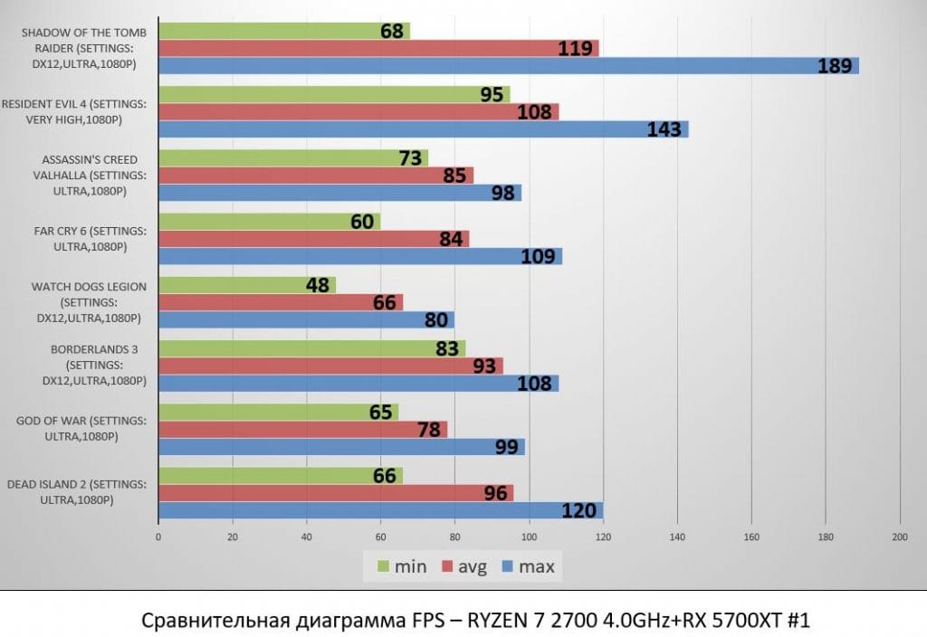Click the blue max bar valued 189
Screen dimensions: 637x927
coord(507,65)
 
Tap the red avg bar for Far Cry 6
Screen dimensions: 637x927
coord(313,239)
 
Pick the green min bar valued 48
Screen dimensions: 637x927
coord(246,285)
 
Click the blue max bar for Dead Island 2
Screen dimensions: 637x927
coord(380,510)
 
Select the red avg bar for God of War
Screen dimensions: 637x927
coord(302,430)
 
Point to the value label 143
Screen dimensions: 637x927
coord(664,129)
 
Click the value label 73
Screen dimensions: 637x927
coord(411,158)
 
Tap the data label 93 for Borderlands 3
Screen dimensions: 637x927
coord(485,366)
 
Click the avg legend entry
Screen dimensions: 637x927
coord(463,567)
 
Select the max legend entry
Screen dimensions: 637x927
coord(528,567)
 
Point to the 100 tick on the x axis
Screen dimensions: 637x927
coord(529,537)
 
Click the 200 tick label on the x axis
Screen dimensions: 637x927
coord(899,537)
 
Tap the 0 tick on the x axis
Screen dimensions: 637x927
coord(158,537)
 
